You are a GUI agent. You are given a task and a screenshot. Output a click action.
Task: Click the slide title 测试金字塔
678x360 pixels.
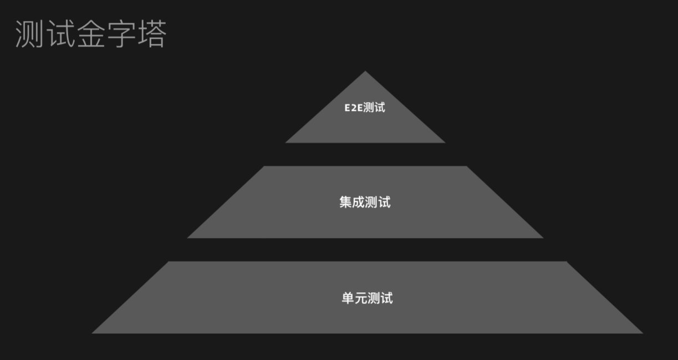pyautogui.click(x=91, y=34)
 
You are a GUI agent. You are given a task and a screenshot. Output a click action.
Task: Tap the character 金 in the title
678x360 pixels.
pyautogui.click(x=91, y=34)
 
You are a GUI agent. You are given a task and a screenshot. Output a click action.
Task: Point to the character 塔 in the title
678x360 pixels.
pyautogui.click(x=151, y=34)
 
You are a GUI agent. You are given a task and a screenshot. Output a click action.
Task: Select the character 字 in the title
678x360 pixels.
pyautogui.click(x=121, y=34)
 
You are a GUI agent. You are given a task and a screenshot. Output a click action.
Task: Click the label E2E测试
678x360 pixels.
pyautogui.click(x=365, y=108)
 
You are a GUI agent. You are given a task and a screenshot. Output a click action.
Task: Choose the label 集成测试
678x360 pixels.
pyautogui.click(x=365, y=202)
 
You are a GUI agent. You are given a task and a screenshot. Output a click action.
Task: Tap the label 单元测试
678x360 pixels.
pyautogui.click(x=367, y=298)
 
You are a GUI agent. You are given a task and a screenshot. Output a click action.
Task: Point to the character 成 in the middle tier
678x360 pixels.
pyautogui.click(x=359, y=202)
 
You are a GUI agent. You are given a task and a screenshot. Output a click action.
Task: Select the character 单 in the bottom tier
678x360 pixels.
pyautogui.click(x=348, y=298)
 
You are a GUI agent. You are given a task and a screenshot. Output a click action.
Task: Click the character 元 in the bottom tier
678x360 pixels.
pyautogui.click(x=361, y=298)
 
